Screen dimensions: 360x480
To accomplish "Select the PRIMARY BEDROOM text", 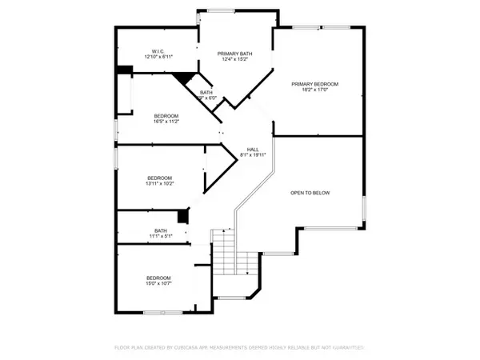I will (x=315, y=84).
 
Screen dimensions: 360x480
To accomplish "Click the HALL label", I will (x=252, y=150).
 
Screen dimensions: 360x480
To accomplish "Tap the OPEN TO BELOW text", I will (x=310, y=193).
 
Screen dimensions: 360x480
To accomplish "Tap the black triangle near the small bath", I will (x=186, y=78).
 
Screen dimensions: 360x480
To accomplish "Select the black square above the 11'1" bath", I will (x=183, y=217).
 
